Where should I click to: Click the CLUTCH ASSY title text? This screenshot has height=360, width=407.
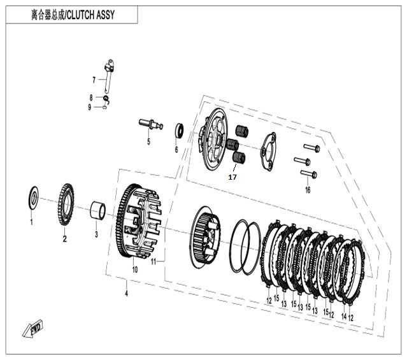coord(73,15)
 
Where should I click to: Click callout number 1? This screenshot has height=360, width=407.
coord(31,222)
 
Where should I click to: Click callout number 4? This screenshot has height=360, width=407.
coord(126,293)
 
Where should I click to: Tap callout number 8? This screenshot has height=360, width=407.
coord(91,97)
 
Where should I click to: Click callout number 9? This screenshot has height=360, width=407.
coord(90,107)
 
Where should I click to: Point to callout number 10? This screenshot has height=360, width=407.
coord(134,270)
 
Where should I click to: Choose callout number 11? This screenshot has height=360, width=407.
coord(153,262)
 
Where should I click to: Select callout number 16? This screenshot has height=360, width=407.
coord(308,190)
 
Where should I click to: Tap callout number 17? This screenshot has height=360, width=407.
coord(232,177)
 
